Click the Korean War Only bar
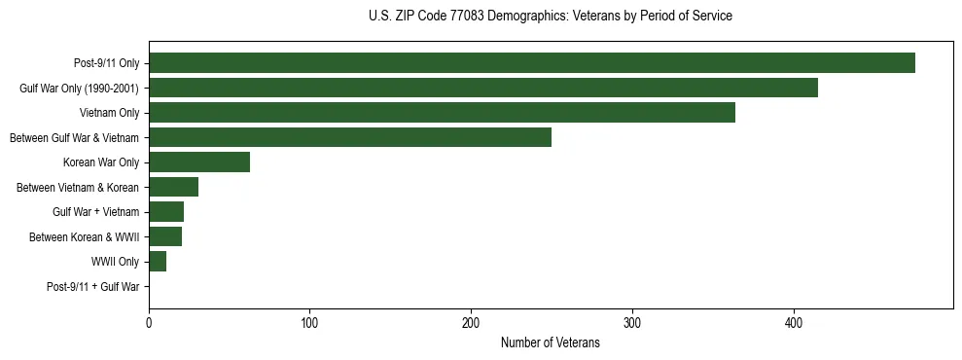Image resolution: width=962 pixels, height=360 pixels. click(x=199, y=162)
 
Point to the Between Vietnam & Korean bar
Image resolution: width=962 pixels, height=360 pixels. click(x=173, y=187)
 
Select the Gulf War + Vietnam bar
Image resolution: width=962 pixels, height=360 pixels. click(x=166, y=212)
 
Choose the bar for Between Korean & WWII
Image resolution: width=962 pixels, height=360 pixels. click(x=165, y=236)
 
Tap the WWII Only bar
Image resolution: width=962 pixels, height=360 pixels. click(x=158, y=262)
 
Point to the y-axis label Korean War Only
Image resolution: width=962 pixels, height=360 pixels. click(x=101, y=162)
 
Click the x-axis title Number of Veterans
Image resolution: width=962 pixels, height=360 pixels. click(x=550, y=343)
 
